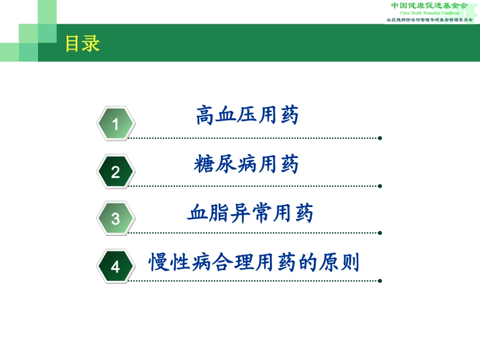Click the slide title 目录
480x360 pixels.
point(82,44)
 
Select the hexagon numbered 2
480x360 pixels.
point(116,172)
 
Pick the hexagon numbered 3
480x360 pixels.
point(116,219)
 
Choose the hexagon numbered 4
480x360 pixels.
point(116,266)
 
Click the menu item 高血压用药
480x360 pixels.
point(247,116)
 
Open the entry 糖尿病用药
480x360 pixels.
point(247,164)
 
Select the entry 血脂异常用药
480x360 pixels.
point(251,213)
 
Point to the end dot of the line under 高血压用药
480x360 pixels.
point(380,138)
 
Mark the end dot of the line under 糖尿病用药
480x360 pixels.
point(380,186)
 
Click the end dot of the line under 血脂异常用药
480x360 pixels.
point(380,233)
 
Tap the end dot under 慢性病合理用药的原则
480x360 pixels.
point(380,281)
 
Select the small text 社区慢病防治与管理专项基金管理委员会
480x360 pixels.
point(429,20)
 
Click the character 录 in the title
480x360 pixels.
point(91,44)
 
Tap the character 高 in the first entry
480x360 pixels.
point(205,116)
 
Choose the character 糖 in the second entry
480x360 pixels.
point(203,164)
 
